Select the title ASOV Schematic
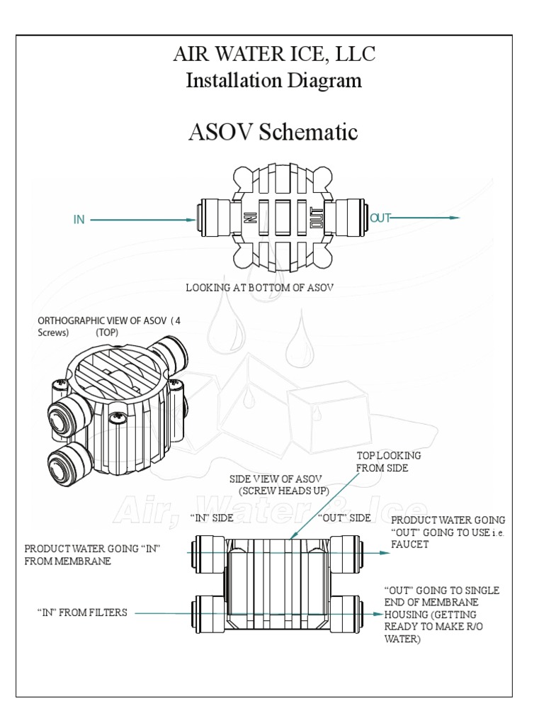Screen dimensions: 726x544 pos(273,132)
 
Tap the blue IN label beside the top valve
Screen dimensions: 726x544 pos(79,220)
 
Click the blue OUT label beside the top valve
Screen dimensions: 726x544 pos(380,218)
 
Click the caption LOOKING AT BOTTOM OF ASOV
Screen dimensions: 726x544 pos(259,287)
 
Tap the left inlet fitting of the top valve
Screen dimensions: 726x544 pos(210,219)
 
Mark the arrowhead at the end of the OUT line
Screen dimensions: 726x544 pos(455,218)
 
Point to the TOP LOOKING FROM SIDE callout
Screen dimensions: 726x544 pos(388,462)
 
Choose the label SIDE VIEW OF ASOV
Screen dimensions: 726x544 pos(276,479)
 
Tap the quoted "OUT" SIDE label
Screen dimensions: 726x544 pos(344,518)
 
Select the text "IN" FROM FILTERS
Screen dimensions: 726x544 pos(82,612)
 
